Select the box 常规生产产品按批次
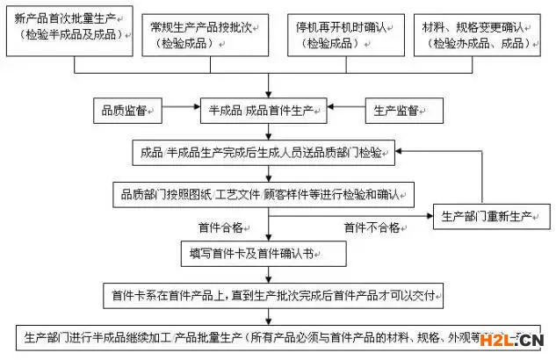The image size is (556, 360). pyautogui.click(x=208, y=32)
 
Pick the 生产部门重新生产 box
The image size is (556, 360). pyautogui.click(x=487, y=216)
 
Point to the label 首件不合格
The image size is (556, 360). pyautogui.click(x=371, y=227)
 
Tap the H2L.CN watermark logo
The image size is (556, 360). pyautogui.click(x=517, y=341)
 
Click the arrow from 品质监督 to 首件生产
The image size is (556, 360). pyautogui.click(x=179, y=112)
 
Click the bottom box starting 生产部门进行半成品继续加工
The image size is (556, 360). pyautogui.click(x=264, y=337)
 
